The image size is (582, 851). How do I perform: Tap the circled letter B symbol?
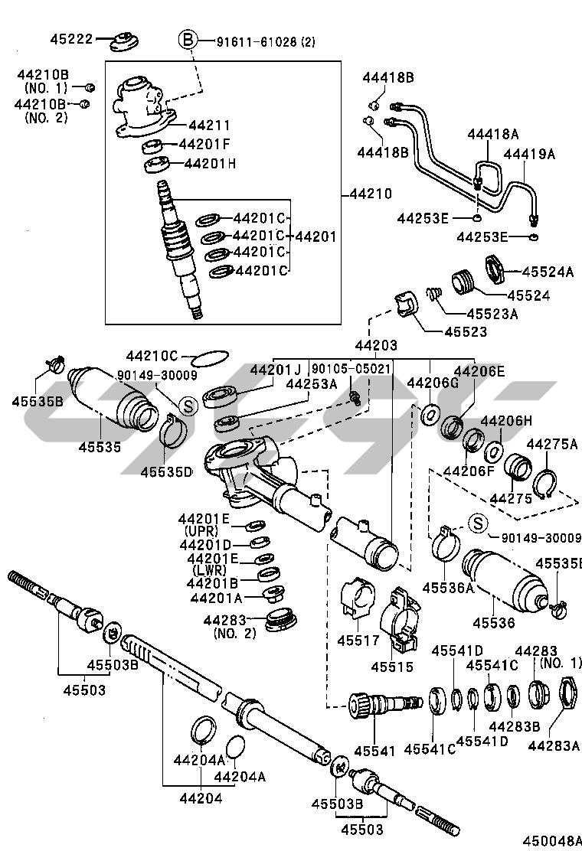coord(188,40)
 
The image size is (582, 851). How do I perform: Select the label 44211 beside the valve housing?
coord(209,125)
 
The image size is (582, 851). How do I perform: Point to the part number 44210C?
coord(152,356)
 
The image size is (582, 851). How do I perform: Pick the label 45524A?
coord(548,272)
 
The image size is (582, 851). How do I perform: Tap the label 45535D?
coord(166,471)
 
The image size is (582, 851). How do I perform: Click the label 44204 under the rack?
coord(201,798)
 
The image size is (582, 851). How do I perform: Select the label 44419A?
coord(529,155)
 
